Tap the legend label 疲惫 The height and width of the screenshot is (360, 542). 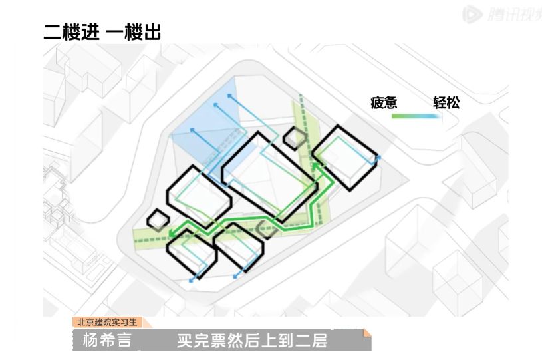(x=384, y=103)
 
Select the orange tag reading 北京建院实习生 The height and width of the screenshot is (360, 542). (x=106, y=323)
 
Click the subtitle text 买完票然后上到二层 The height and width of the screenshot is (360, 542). (x=251, y=341)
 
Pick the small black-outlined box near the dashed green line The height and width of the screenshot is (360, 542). (x=294, y=138)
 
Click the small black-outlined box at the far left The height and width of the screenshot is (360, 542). (x=158, y=220)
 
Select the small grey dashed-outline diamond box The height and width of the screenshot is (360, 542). (x=267, y=229)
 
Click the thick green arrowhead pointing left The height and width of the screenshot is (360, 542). (x=172, y=233)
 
